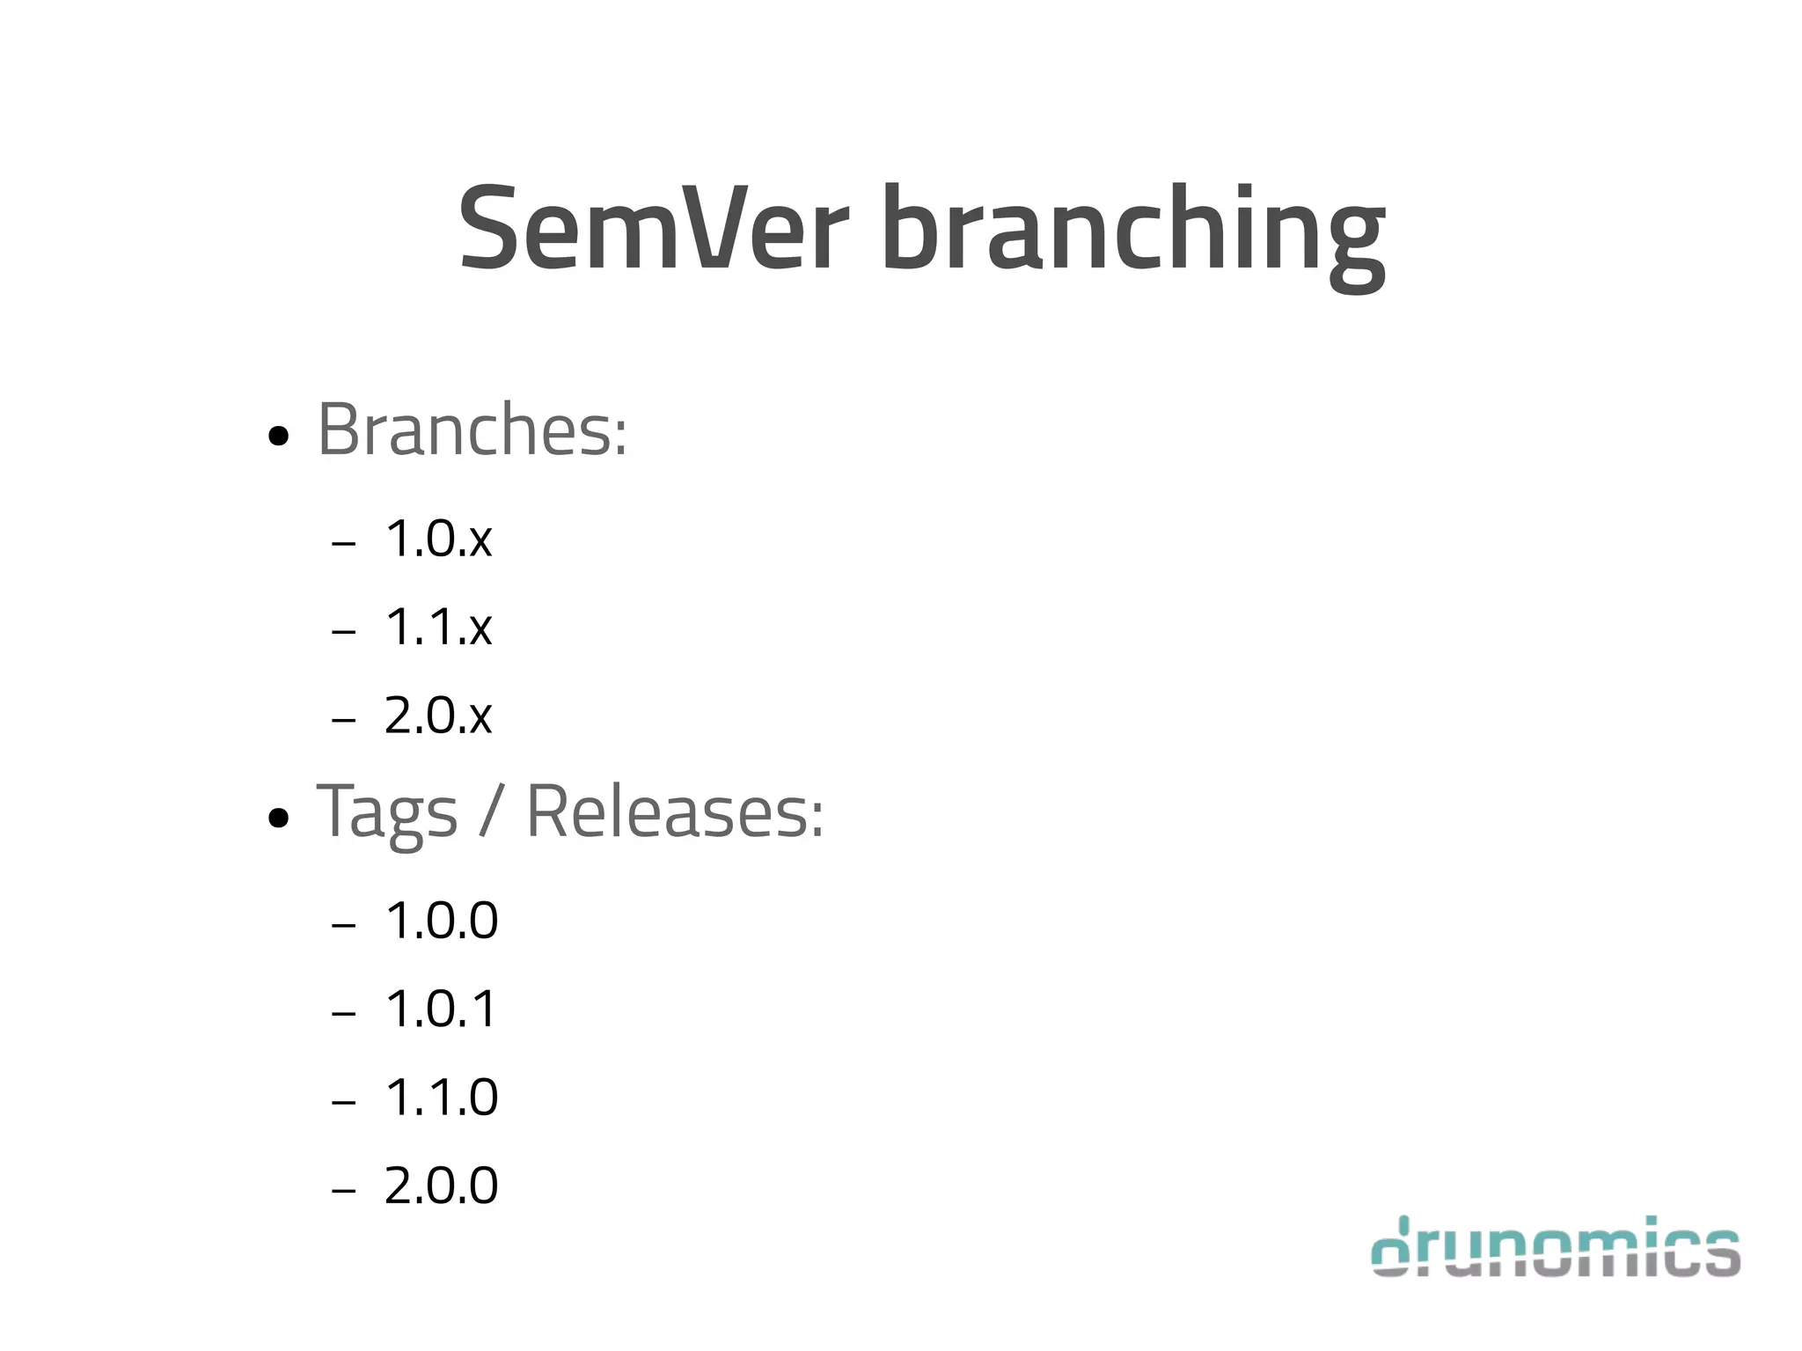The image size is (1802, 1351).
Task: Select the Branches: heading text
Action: (472, 430)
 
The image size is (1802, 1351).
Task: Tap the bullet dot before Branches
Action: (278, 436)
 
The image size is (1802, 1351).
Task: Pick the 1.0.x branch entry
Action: (438, 539)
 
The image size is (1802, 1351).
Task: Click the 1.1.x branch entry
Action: (438, 628)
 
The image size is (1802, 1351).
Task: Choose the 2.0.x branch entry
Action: (438, 716)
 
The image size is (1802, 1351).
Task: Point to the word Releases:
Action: (675, 811)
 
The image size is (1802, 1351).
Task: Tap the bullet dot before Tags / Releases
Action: (278, 819)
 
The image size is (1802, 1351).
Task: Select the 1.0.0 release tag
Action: (442, 921)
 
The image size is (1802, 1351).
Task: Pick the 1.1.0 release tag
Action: (442, 1098)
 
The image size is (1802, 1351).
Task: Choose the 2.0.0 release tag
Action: (442, 1186)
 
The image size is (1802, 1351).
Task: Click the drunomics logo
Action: (1556, 1246)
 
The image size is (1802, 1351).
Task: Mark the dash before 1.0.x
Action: (343, 544)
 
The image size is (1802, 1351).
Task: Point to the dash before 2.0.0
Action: (343, 1191)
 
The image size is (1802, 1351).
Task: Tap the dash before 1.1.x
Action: (343, 632)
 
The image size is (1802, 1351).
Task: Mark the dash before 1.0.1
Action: (343, 1014)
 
